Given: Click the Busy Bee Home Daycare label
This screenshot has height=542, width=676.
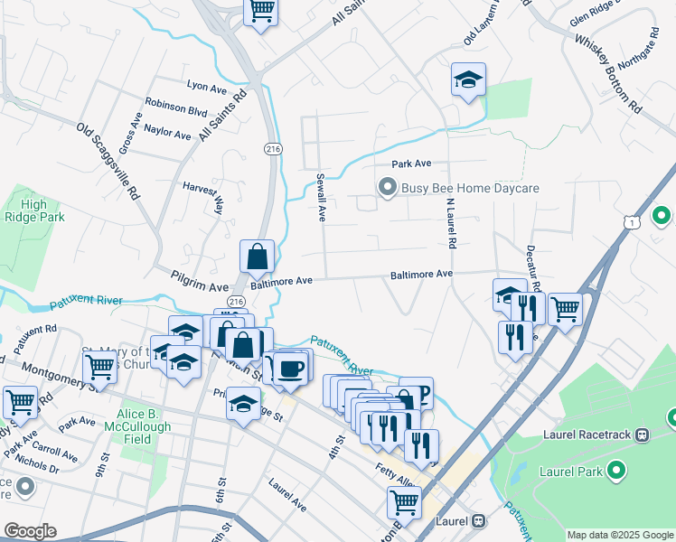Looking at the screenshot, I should [x=469, y=188].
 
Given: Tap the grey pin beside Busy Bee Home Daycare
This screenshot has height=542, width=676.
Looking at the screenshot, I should [x=388, y=188].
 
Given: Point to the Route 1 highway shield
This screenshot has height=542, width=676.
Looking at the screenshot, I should [x=631, y=221].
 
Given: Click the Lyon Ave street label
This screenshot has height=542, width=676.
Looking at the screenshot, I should [x=206, y=89].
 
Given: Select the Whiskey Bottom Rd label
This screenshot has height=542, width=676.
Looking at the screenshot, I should [x=606, y=77].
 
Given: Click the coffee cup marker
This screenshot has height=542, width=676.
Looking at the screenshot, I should [x=291, y=368].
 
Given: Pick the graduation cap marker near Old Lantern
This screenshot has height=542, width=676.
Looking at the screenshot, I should [x=468, y=80].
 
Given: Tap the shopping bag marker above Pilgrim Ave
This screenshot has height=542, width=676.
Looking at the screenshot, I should [x=258, y=257].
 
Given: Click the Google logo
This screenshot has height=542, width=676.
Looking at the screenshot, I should [x=29, y=531].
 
